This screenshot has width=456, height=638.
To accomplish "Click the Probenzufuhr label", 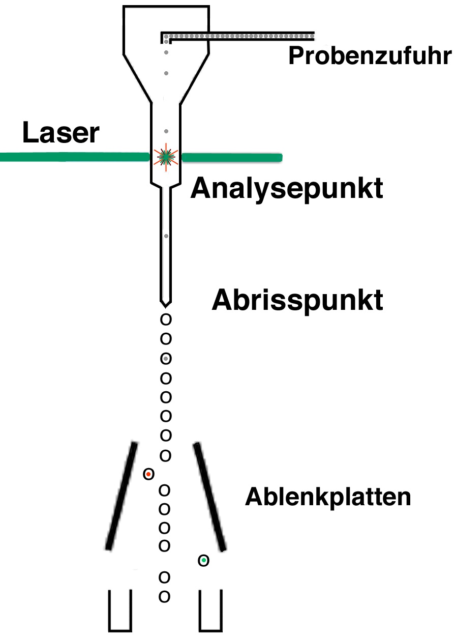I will [x=370, y=56].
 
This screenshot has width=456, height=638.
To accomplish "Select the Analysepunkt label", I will [x=287, y=189].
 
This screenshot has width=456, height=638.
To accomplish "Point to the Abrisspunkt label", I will [x=297, y=300].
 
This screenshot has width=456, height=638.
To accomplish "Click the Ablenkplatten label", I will [x=328, y=497].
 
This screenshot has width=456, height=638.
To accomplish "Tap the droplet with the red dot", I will [x=148, y=474].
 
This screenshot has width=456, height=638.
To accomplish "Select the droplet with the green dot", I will [x=204, y=561].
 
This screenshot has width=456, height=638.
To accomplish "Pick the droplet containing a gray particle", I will [x=166, y=359].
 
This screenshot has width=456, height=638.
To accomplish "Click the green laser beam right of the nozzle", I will [x=231, y=158].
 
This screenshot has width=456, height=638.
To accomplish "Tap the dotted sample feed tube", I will [x=239, y=36].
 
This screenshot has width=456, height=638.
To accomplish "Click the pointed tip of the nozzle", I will [x=166, y=304].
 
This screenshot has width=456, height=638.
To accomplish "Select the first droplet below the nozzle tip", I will [x=166, y=320].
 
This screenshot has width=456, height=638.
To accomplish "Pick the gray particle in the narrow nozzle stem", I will [x=166, y=236].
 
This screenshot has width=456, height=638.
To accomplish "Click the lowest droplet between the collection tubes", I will [x=164, y=596].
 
